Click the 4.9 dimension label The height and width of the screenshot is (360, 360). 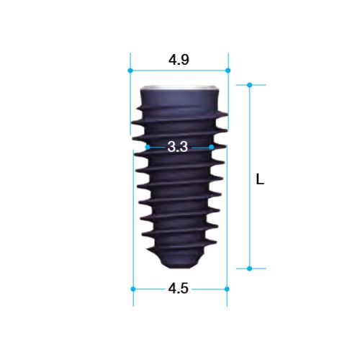coord(179,60)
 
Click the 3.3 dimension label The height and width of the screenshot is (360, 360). coord(178,147)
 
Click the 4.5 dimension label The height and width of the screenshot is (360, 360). coord(179,289)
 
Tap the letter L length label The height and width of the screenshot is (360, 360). coord(260,179)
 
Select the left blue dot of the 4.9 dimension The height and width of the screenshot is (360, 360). coord(130,71)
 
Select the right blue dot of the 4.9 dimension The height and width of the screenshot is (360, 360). coord(228,71)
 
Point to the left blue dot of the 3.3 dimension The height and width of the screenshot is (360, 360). coord(148,147)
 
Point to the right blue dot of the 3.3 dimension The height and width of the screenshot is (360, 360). coord(212,147)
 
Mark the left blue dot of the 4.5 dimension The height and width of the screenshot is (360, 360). coord(133,289)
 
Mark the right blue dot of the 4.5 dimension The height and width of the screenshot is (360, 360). coord(227,289)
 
